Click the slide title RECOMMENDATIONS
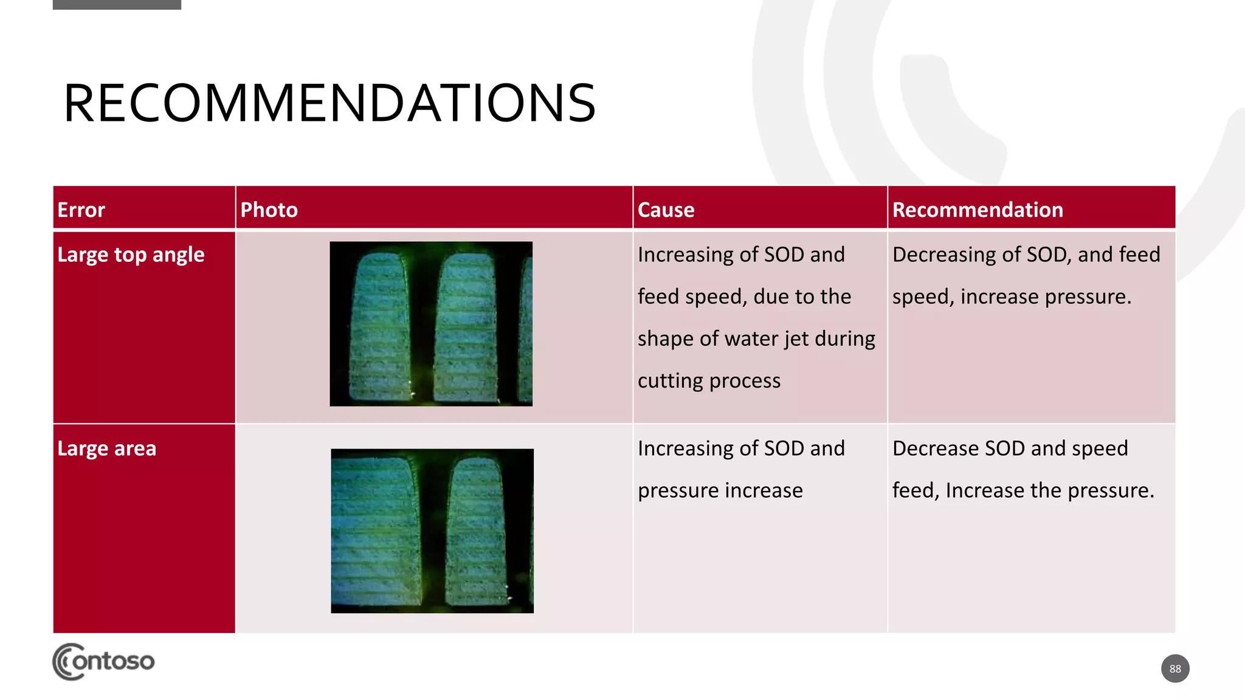(x=329, y=103)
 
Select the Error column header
(x=81, y=210)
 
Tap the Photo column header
(x=269, y=210)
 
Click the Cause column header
(x=666, y=210)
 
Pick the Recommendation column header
(x=978, y=210)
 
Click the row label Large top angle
(x=131, y=255)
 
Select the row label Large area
(x=106, y=448)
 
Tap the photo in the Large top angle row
(x=431, y=324)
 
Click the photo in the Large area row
(x=432, y=530)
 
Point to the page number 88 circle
(x=1175, y=668)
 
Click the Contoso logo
(x=103, y=661)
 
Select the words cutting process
(x=709, y=380)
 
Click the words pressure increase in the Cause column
(x=720, y=490)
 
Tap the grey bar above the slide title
(x=117, y=4)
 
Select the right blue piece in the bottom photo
(x=478, y=532)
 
